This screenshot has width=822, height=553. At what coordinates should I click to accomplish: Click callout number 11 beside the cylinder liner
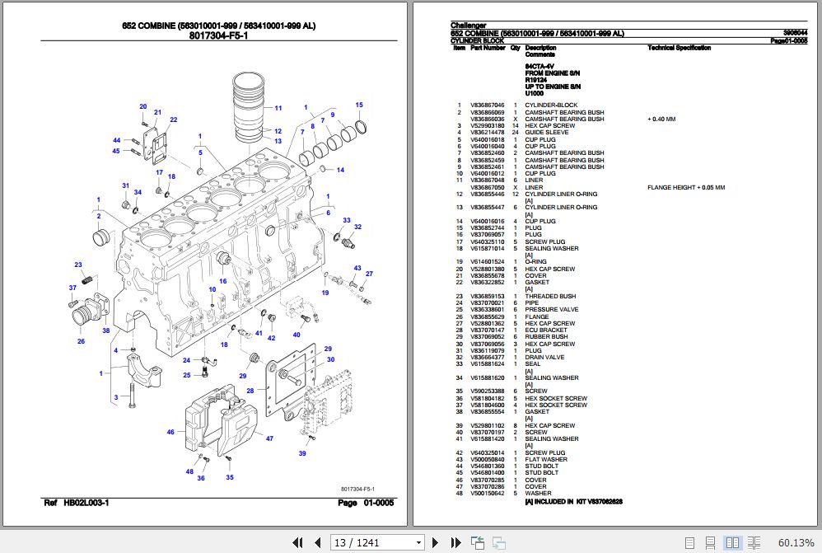click(278, 108)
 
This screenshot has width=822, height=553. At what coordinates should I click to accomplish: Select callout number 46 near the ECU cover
click(170, 432)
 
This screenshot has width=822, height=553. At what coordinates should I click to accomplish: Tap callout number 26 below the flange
click(81, 341)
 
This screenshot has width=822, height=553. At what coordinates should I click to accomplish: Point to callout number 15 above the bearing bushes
click(359, 105)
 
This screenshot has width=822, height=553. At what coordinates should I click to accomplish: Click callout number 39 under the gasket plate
click(302, 453)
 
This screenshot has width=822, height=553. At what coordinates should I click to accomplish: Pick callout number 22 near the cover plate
click(174, 120)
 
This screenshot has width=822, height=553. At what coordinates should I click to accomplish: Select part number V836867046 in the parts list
click(487, 105)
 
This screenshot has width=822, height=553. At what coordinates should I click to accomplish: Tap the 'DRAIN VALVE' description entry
click(545, 358)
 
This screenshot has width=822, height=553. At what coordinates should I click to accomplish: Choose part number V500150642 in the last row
click(487, 494)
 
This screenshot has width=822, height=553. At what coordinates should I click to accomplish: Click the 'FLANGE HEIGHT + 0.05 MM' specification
click(686, 187)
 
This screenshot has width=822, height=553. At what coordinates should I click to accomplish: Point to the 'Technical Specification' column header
click(679, 48)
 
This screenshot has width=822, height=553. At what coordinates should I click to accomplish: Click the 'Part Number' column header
click(488, 48)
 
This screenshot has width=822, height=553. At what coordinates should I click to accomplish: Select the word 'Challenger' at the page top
click(468, 26)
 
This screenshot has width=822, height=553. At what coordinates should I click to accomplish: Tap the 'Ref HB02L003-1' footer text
click(76, 503)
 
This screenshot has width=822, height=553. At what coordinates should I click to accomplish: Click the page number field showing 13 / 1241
click(378, 542)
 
